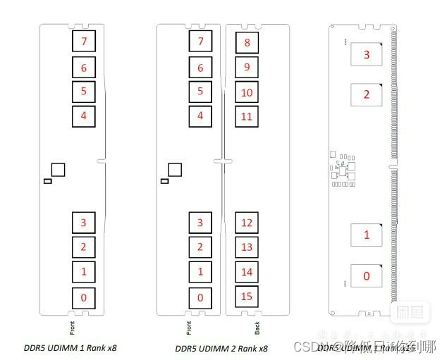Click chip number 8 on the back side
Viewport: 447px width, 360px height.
click(247, 43)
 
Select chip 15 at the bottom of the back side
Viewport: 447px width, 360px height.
click(247, 297)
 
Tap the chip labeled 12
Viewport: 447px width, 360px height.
click(247, 223)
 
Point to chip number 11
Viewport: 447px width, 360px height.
click(247, 116)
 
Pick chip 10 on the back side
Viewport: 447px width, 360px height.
click(247, 92)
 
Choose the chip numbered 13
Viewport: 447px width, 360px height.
click(247, 247)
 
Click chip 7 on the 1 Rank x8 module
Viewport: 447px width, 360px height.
click(84, 42)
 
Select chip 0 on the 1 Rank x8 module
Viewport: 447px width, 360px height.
click(84, 298)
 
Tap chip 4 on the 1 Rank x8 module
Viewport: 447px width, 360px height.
click(84, 116)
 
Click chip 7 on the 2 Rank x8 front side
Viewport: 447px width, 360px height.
click(200, 42)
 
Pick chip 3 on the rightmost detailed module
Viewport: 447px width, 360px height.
click(366, 55)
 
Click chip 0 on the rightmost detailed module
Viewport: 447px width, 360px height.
click(366, 276)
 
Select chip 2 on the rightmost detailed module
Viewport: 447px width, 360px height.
click(366, 95)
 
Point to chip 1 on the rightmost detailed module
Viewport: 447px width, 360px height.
click(366, 235)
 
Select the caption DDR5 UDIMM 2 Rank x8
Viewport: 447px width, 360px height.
click(221, 348)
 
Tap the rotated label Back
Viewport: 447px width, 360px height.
click(257, 328)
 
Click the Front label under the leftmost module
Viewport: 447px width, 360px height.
click(72, 328)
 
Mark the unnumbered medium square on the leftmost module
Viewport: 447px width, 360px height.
click(59, 169)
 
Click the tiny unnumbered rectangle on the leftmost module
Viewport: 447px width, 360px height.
click(48, 182)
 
